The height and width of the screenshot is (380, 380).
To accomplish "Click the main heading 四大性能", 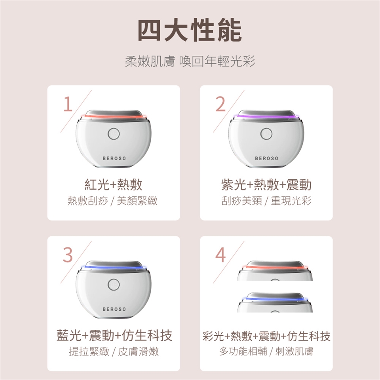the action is [190, 30].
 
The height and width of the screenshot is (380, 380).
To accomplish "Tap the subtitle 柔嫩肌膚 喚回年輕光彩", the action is [190, 61].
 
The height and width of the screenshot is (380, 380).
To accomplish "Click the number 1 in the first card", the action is [68, 104].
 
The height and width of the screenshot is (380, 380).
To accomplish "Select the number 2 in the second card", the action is [220, 104].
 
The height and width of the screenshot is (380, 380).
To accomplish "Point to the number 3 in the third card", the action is [68, 255].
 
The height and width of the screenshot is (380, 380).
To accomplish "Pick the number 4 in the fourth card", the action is [220, 255].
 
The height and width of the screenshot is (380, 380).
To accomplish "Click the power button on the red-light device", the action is [114, 134].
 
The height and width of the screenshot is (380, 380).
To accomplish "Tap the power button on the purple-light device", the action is [266, 134].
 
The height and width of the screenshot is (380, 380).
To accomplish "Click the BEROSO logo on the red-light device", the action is [114, 158].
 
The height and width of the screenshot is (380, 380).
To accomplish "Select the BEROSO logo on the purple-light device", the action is [266, 158].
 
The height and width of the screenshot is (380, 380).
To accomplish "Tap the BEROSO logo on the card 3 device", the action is [114, 309].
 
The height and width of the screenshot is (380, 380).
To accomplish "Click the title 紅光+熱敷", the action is [114, 185].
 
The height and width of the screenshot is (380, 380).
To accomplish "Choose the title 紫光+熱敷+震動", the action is [266, 185].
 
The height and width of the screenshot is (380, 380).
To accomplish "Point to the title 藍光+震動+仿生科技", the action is [114, 336].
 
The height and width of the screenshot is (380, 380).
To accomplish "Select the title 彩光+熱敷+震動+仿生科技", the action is [266, 336].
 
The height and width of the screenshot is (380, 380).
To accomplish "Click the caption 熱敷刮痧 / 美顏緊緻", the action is [112, 201].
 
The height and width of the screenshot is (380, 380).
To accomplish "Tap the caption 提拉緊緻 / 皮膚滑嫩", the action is [114, 351].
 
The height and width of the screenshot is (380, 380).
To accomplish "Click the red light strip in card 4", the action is [275, 268].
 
